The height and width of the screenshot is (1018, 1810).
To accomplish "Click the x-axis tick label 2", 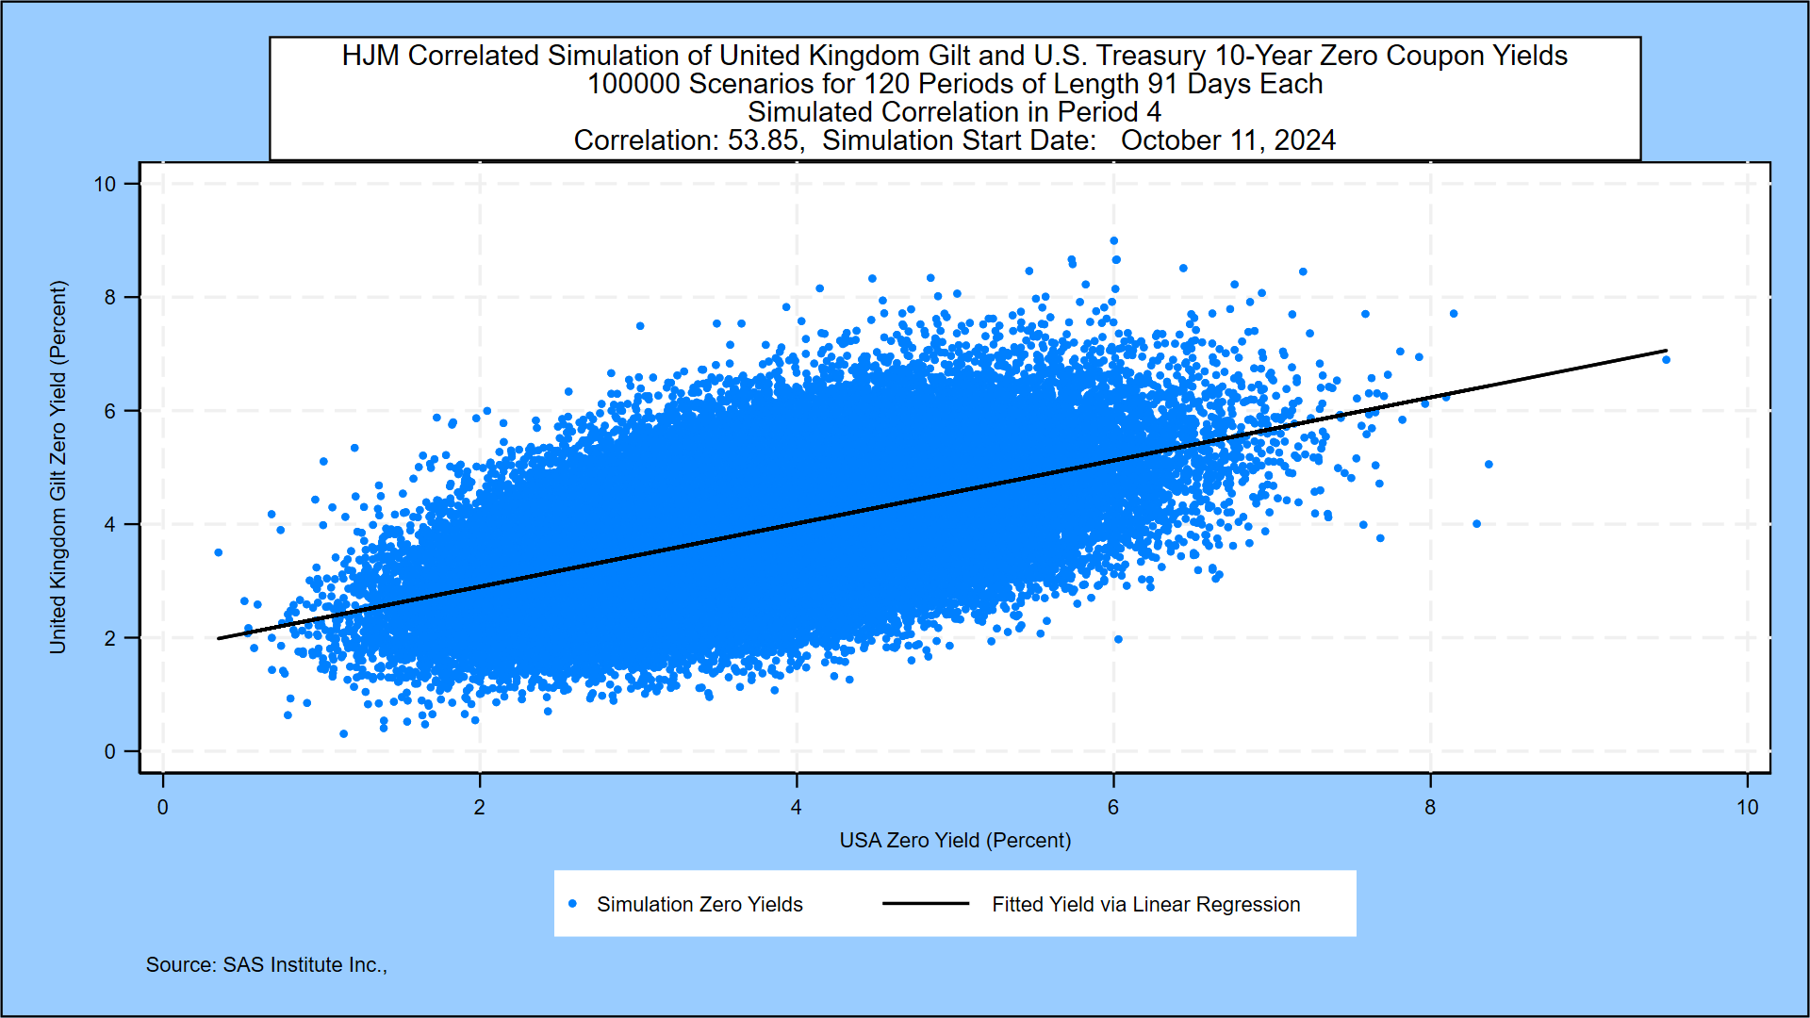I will (480, 808).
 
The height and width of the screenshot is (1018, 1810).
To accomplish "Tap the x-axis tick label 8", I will (1430, 808).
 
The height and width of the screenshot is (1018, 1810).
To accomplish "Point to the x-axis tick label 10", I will (1747, 808).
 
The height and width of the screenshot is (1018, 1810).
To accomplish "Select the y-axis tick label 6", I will (110, 411).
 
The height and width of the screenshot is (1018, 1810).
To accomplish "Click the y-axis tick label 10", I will (105, 185).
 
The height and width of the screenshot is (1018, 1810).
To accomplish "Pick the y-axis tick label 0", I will (110, 752).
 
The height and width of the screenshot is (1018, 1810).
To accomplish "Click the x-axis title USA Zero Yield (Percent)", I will (955, 840).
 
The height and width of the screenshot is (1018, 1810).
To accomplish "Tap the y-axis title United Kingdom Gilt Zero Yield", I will (58, 468).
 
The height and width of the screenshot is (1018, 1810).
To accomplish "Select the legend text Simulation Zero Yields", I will (699, 905).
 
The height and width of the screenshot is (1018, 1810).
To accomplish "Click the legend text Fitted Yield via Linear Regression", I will (1145, 905).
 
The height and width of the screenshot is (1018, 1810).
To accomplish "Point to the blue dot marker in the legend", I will (572, 904).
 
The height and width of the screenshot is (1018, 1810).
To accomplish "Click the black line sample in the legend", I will (926, 904).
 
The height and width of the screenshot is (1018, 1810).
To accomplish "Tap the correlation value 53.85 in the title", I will (764, 140).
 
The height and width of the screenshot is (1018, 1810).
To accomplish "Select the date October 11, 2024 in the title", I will (1227, 140).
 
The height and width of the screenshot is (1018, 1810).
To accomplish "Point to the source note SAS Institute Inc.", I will (304, 965).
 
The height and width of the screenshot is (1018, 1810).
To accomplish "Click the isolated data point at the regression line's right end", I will (1666, 360).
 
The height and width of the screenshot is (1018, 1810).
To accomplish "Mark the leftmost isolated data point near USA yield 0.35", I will (219, 552).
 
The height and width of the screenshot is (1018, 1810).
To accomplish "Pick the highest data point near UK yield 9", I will (1114, 241).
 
